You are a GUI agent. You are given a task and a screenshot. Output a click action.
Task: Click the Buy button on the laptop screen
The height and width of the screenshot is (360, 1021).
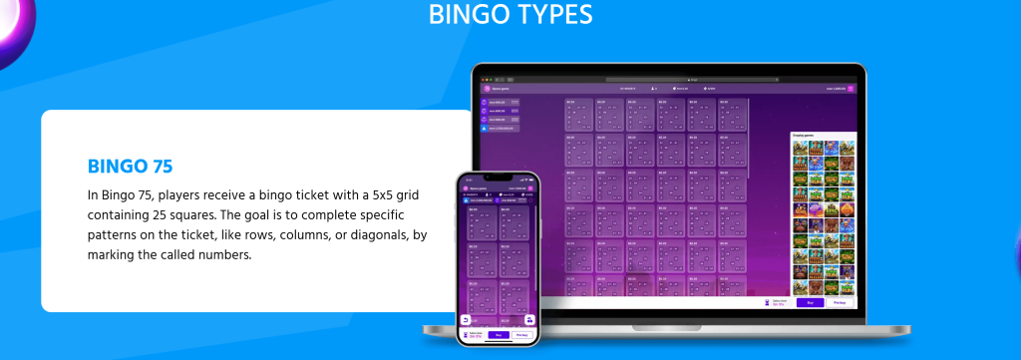(x=810, y=301)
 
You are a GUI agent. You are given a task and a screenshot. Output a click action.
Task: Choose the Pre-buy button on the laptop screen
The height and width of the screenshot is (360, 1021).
(x=840, y=301)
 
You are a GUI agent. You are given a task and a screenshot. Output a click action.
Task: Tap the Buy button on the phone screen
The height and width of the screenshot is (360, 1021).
(x=499, y=335)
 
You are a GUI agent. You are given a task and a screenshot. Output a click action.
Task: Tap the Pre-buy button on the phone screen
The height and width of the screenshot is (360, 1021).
(x=521, y=335)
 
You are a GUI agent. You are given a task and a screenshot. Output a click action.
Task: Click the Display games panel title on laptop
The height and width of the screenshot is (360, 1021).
(x=804, y=135)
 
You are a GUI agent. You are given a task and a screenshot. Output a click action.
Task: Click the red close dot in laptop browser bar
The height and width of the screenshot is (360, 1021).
(x=483, y=79)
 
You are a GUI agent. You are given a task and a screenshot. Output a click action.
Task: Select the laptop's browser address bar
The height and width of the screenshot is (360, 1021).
(x=668, y=79)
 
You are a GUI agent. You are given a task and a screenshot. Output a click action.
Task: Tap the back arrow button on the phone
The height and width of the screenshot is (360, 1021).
(x=466, y=320)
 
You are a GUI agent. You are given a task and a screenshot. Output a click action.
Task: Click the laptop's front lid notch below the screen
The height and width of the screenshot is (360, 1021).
(x=668, y=325)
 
